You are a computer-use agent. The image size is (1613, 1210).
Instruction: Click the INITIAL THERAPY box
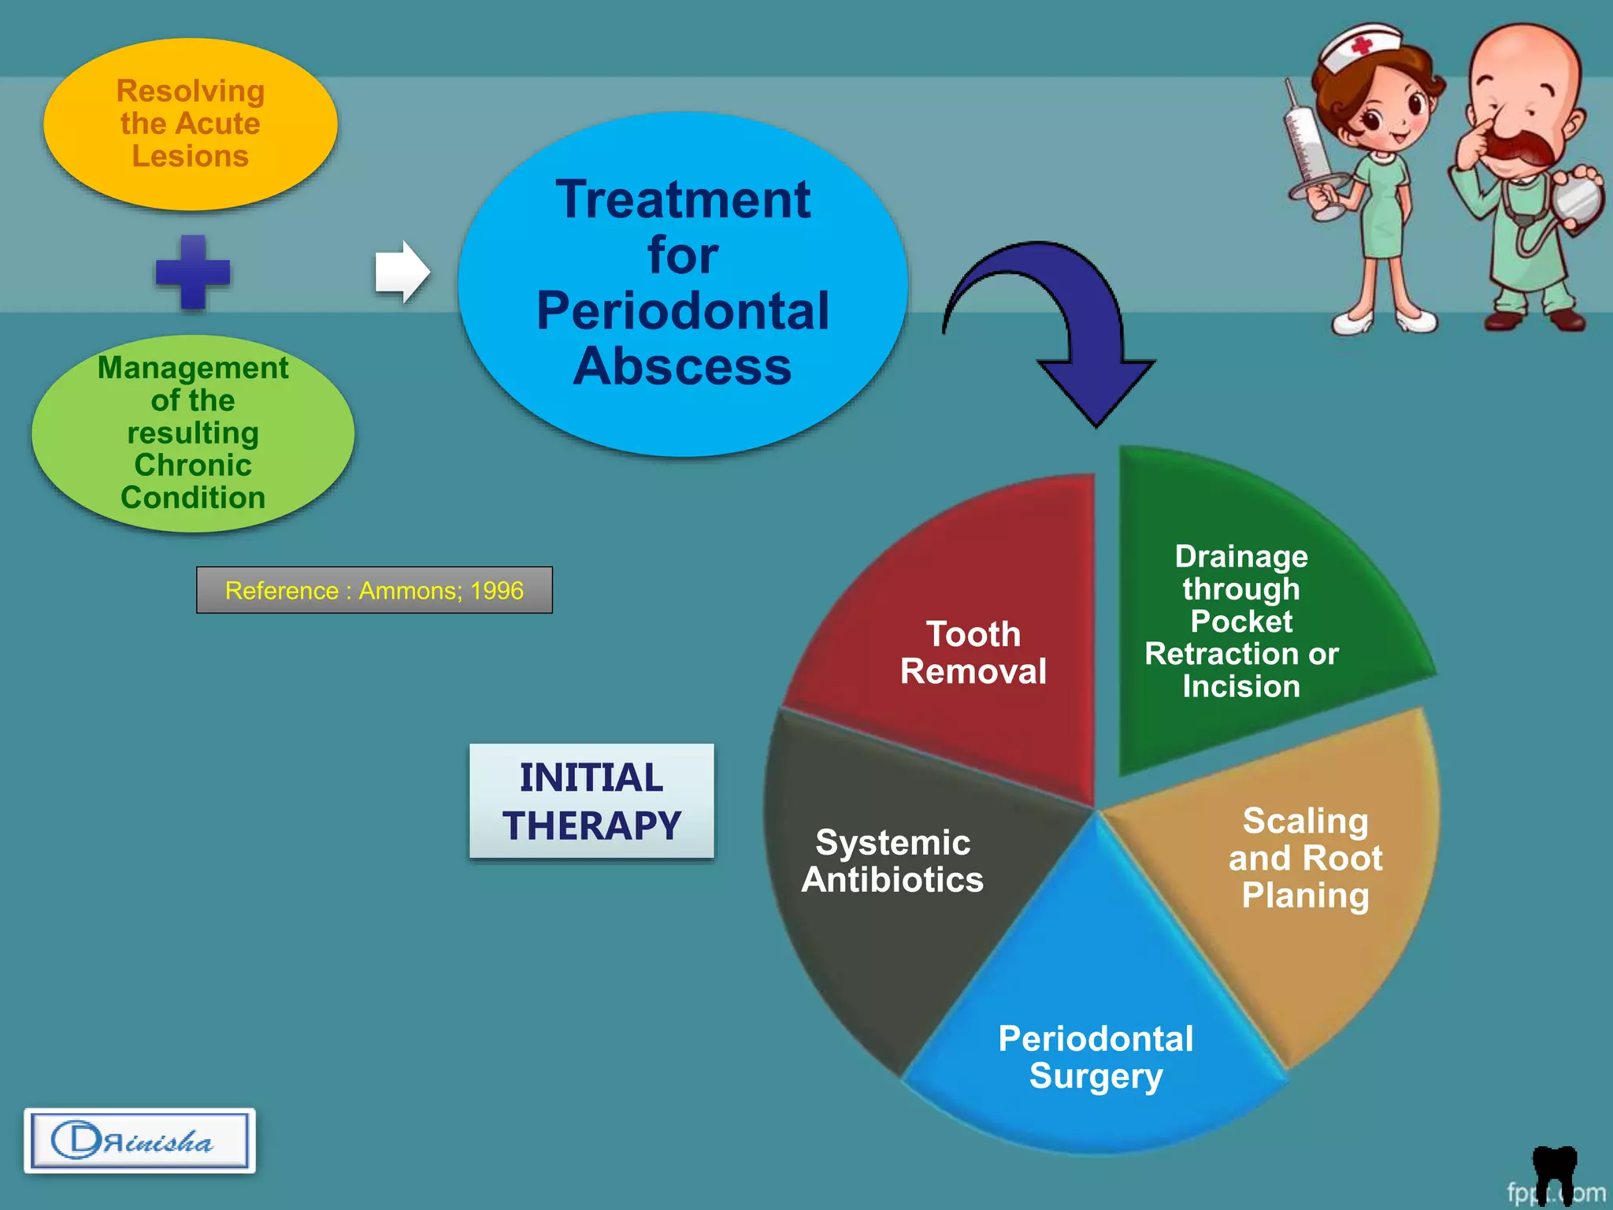point(591,801)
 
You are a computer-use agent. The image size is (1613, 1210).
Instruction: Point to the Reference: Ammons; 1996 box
point(374,590)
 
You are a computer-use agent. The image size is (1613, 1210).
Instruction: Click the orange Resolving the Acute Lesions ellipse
point(190,124)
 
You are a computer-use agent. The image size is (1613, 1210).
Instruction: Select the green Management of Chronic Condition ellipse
point(193,432)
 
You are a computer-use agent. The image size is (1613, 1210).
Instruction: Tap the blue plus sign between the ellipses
point(193,272)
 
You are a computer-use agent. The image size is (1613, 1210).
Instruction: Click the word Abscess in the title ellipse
point(682,366)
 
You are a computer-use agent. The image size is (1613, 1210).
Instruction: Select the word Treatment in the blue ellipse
point(682,199)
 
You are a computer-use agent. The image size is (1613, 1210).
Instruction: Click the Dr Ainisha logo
point(139,1141)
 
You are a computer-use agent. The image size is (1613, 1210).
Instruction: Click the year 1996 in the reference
point(496,590)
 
